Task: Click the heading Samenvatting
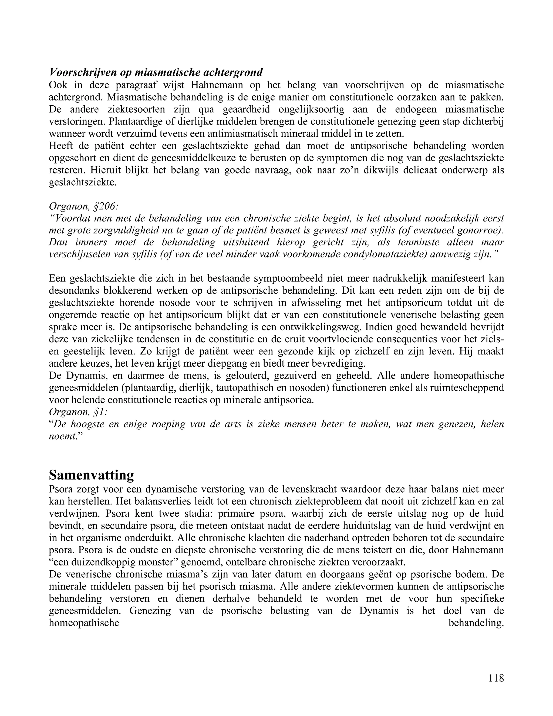tap(92, 475)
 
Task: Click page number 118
tap(496, 678)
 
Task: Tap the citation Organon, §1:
tap(78, 412)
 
